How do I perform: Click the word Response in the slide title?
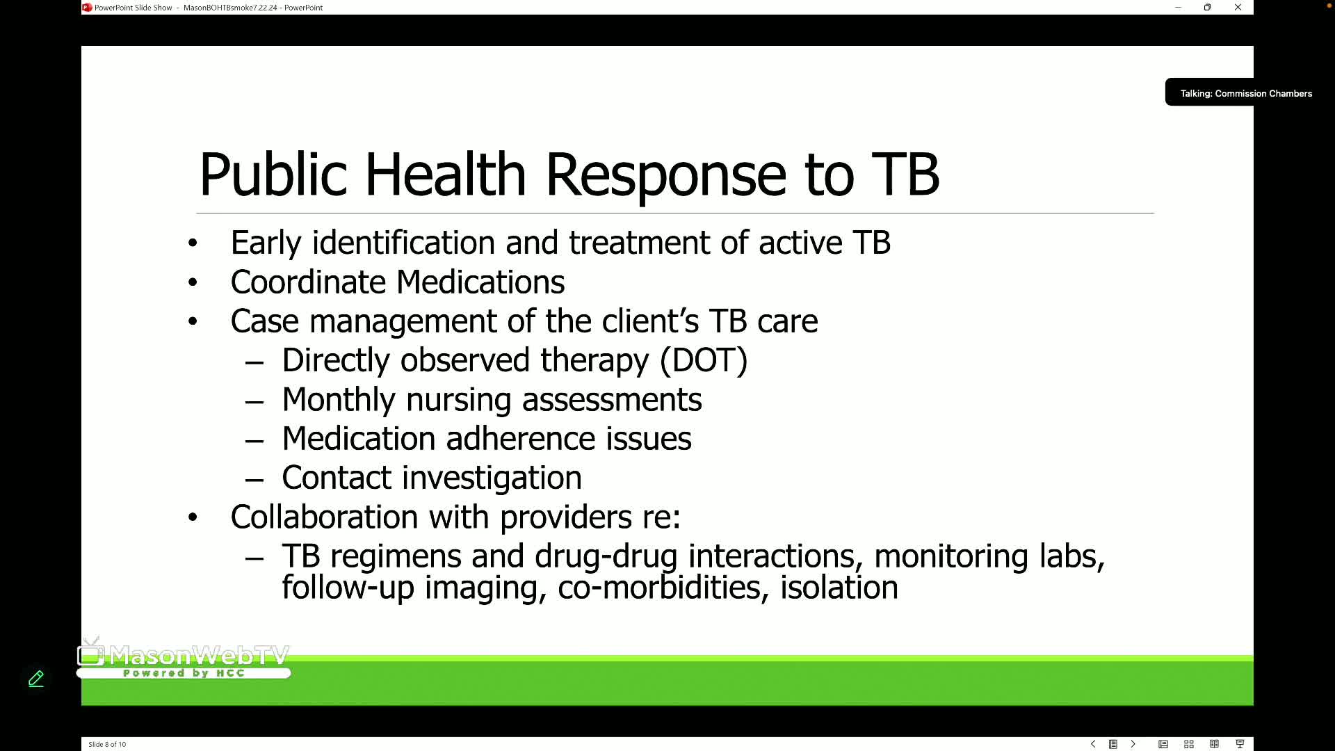[665, 175]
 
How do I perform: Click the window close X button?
[1238, 8]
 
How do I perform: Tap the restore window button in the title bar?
[1208, 8]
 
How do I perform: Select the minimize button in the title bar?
[1178, 8]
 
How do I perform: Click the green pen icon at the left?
[36, 679]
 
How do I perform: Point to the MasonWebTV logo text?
[198, 655]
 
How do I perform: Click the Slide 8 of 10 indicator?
[107, 744]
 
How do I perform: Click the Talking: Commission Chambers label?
[1245, 93]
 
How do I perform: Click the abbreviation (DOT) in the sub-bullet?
[704, 360]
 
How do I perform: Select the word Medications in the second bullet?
[480, 282]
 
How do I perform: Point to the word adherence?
[520, 439]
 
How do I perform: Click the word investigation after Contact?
[492, 478]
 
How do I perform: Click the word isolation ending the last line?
[839, 588]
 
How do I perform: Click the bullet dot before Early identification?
[193, 243]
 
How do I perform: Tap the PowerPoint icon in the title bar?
[87, 8]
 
